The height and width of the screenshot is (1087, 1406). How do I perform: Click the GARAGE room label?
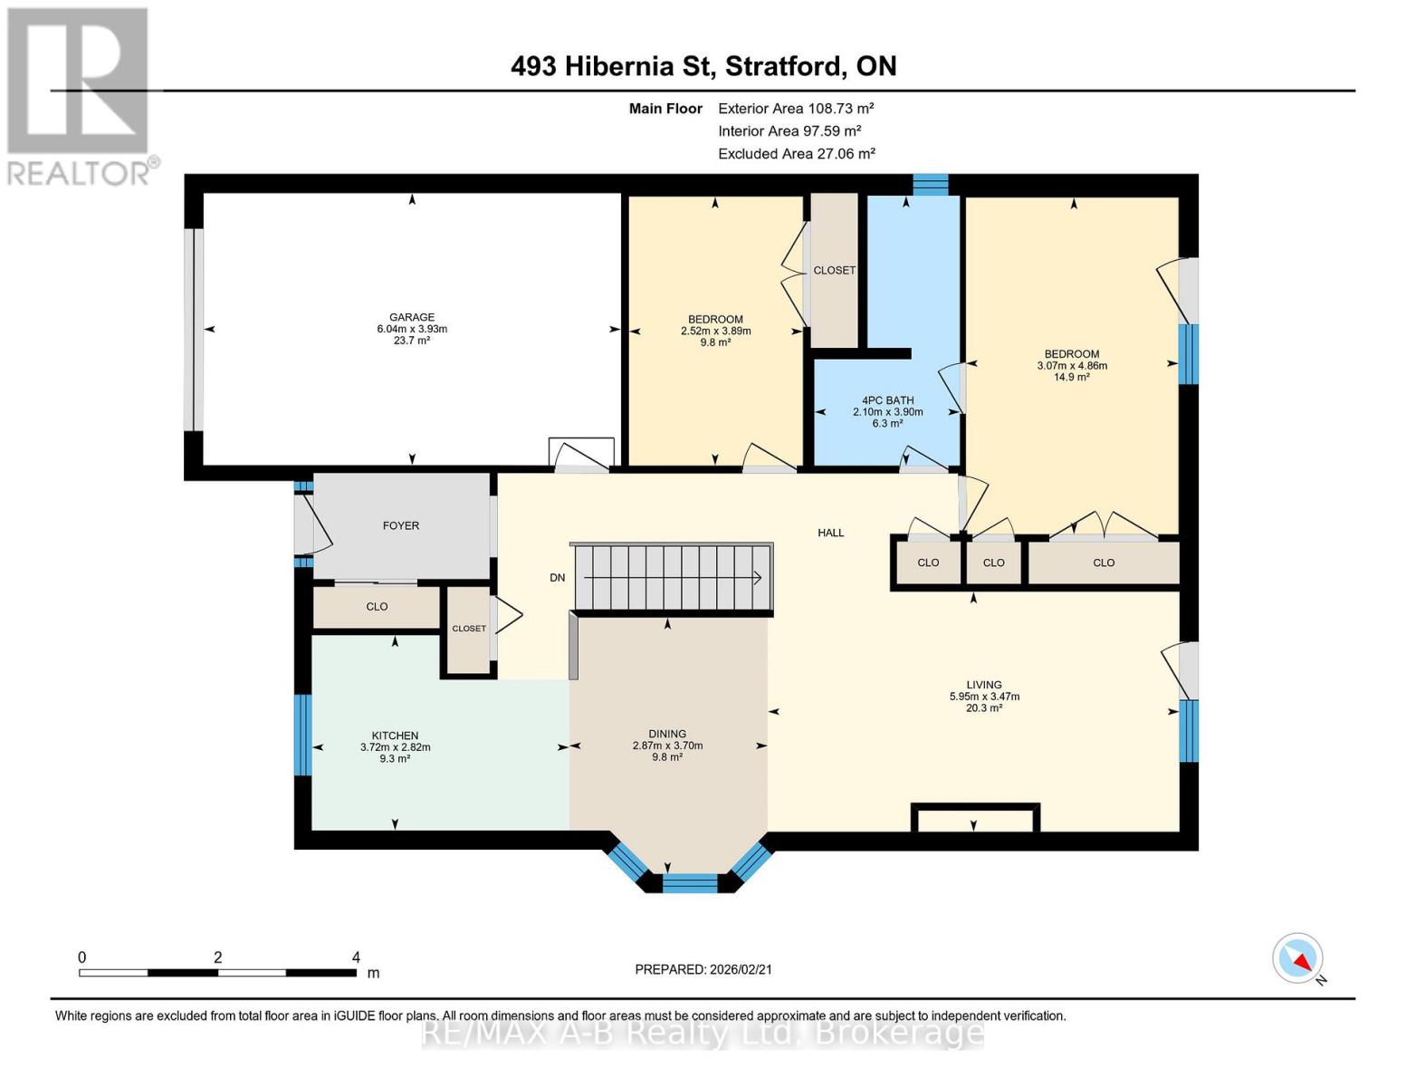(412, 317)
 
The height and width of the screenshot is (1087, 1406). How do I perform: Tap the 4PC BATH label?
(887, 400)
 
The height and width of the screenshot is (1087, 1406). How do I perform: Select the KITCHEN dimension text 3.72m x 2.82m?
(395, 747)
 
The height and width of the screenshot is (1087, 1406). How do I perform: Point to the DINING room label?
(667, 734)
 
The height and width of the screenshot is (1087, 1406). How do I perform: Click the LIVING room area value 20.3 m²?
(983, 708)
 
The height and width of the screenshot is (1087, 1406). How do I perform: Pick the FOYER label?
(401, 525)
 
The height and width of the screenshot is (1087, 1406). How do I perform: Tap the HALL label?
(830, 533)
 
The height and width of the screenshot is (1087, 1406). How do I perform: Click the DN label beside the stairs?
(558, 578)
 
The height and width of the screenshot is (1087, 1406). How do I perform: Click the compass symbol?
(1297, 958)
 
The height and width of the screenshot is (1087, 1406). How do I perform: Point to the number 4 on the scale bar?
(356, 957)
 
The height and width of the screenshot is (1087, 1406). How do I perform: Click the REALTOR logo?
(80, 95)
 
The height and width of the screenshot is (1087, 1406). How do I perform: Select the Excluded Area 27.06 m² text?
(796, 154)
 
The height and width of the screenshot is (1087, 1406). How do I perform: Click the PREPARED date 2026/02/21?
(703, 969)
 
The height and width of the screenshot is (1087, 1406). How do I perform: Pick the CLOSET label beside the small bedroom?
(834, 270)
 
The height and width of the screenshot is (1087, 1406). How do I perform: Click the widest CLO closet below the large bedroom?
(1104, 563)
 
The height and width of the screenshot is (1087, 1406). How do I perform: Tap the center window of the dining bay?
(690, 882)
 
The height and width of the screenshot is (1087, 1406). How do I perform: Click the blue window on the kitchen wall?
(303, 735)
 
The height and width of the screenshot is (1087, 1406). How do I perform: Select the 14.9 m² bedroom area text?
(1071, 378)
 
